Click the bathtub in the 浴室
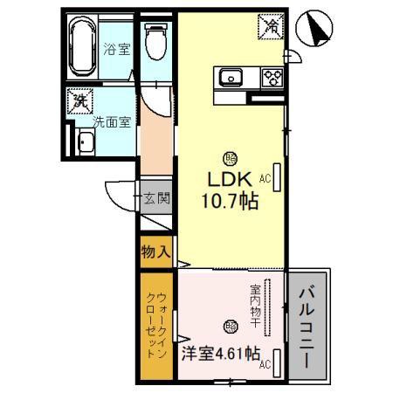pos(85,48)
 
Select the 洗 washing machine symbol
pos(80,100)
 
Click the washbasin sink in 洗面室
pos(86,142)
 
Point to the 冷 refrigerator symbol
pos(271,27)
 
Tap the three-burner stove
pos(272,76)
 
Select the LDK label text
pos(230,178)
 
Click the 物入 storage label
pos(155,253)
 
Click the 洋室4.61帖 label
pos(220,355)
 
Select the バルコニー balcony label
pos(307,324)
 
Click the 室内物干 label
pos(255,307)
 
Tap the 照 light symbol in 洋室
pos(230,327)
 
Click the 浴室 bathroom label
pos(115,49)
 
